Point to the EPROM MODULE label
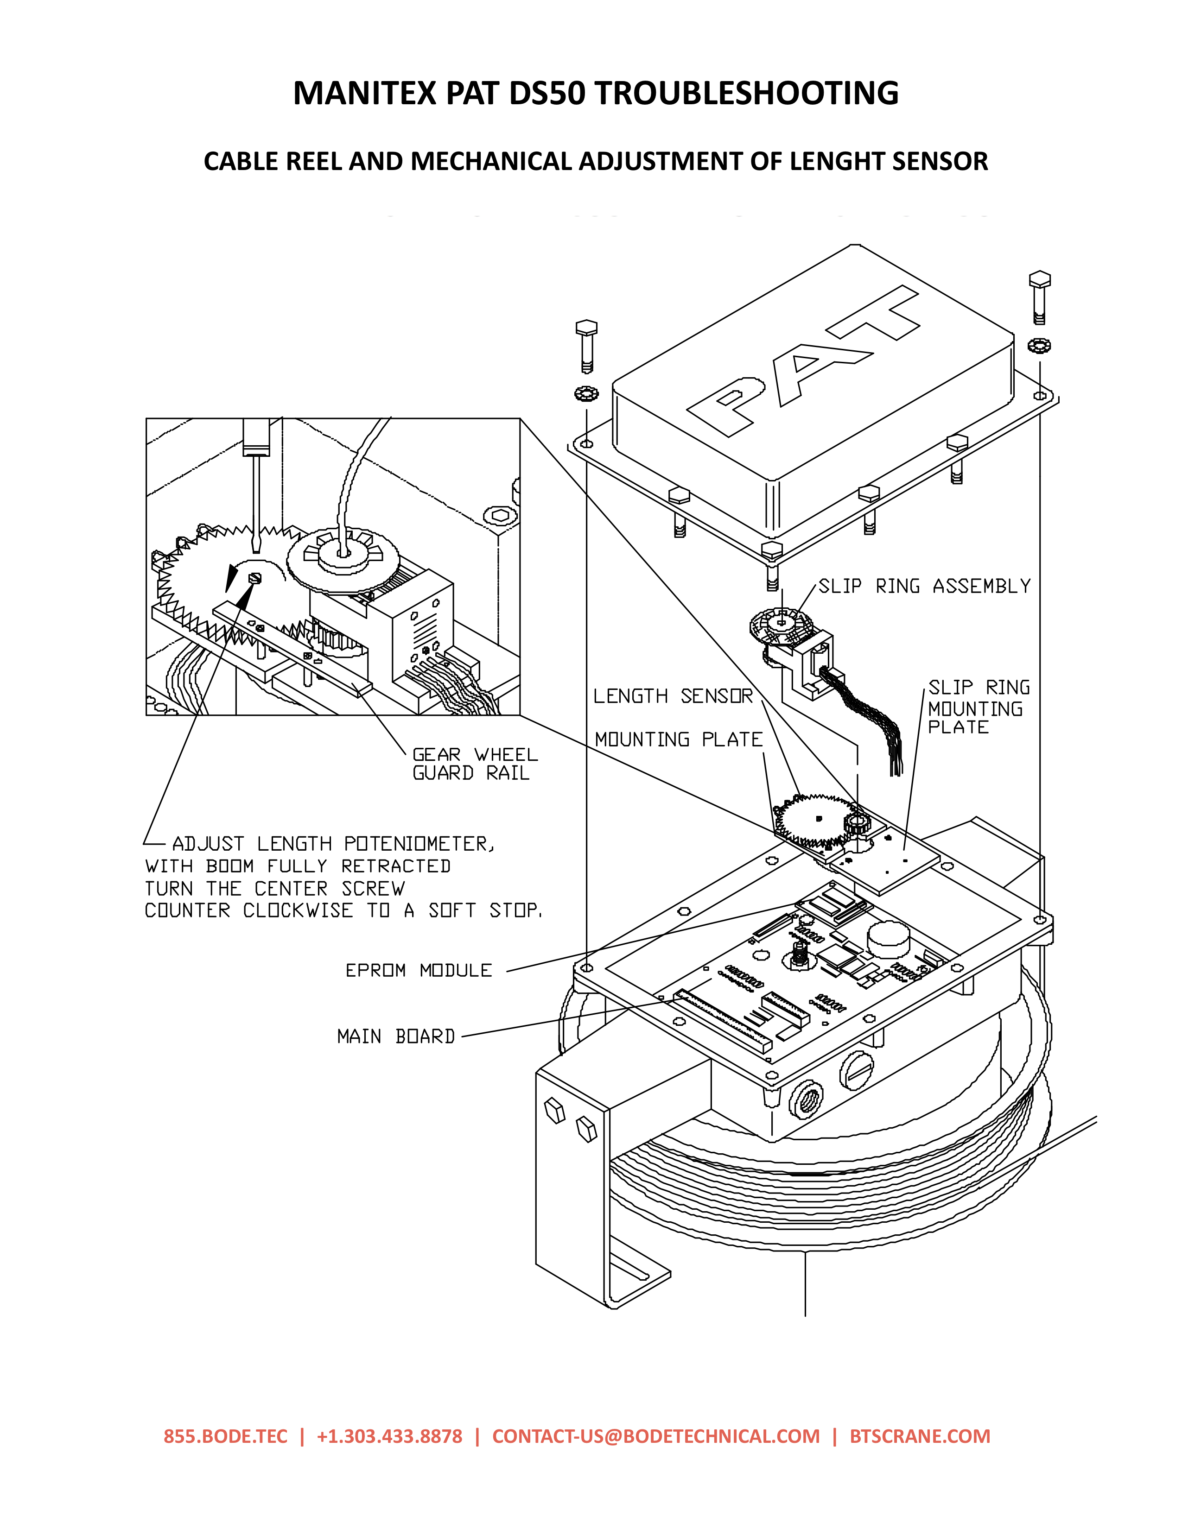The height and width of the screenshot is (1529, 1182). (419, 970)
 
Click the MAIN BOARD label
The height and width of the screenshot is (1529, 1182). (396, 1036)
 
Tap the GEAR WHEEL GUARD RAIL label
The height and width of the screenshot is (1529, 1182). (475, 763)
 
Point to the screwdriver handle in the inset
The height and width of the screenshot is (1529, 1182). (256, 437)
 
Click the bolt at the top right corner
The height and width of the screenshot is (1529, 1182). (1040, 297)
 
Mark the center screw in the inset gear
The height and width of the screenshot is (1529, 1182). (255, 577)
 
